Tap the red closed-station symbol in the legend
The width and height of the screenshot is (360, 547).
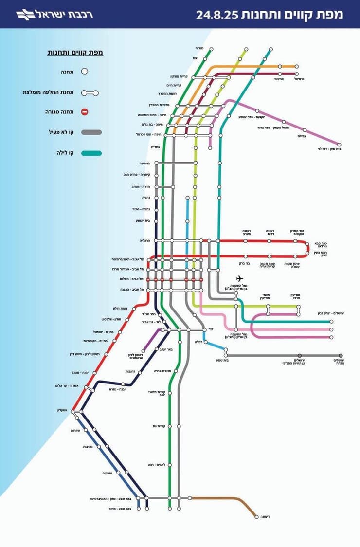[84, 112]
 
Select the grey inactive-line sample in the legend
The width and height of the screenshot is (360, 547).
[91, 132]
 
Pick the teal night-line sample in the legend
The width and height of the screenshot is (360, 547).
[91, 153]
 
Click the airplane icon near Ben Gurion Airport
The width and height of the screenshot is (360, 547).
[238, 278]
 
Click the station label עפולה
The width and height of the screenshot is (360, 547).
[304, 137]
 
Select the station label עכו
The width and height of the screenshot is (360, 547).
[208, 58]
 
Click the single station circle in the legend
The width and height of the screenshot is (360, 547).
[84, 71]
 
